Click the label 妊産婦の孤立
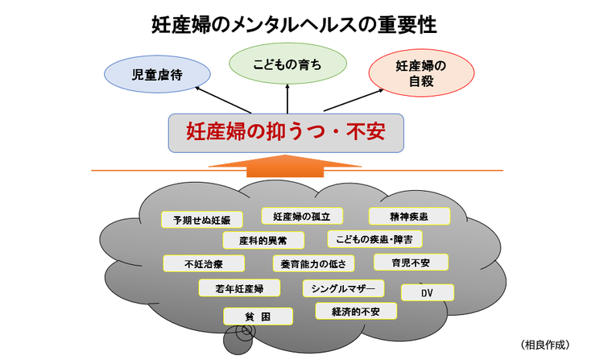[302, 215]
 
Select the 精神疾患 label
[408, 215]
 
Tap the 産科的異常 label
[252, 240]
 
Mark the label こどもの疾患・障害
[374, 238]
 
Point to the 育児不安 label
[411, 262]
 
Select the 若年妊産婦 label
[239, 287]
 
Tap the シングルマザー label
[342, 288]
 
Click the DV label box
[427, 292]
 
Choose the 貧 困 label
[258, 316]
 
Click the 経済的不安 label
[354, 310]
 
